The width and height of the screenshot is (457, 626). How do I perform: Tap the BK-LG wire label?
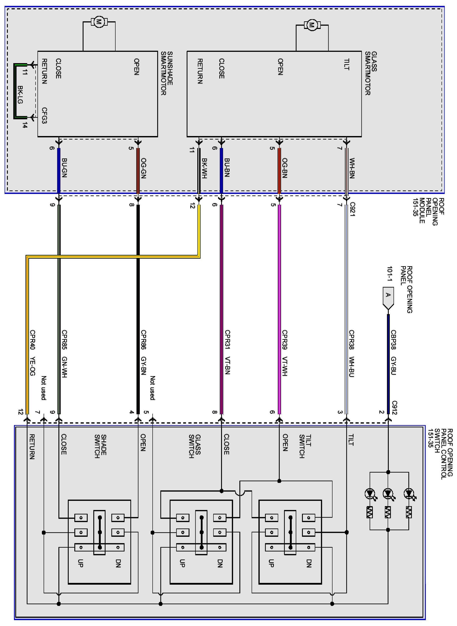(20, 95)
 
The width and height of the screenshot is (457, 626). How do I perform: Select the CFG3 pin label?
(44, 115)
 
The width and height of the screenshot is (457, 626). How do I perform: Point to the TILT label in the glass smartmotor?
(346, 64)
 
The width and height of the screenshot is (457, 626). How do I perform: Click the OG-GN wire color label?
(143, 168)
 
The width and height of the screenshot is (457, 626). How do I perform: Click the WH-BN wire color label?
(352, 168)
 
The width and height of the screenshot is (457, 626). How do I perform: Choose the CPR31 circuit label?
(227, 340)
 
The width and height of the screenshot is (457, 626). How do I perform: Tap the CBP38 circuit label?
(393, 340)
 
